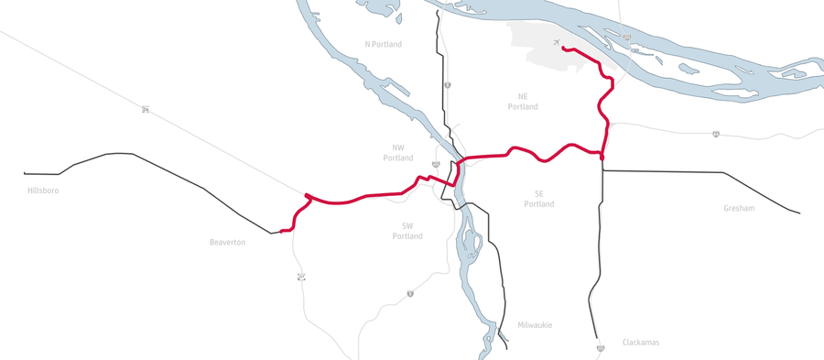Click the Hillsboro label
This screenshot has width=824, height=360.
pos(44,191)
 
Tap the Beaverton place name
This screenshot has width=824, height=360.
pos(227,242)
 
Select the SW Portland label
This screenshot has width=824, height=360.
pos(407,231)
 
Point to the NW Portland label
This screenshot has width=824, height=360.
pos(397,153)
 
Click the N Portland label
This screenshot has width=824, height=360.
pos(383,44)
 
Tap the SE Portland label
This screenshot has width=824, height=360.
pos(538,198)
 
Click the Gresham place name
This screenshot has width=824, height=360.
pos(738,208)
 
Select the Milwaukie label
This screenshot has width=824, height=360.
pos(535,325)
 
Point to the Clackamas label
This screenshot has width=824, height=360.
pos(641,343)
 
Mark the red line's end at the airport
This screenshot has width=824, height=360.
pos(563,49)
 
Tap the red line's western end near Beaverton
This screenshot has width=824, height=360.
pos(281,231)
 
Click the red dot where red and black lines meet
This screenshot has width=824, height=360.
pos(602,158)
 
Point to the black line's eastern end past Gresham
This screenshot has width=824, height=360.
pos(799,213)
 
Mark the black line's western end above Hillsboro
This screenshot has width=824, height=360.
pos(25,172)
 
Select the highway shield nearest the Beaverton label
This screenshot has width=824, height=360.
pos(299,277)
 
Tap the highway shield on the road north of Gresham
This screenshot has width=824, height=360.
pos(715,134)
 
